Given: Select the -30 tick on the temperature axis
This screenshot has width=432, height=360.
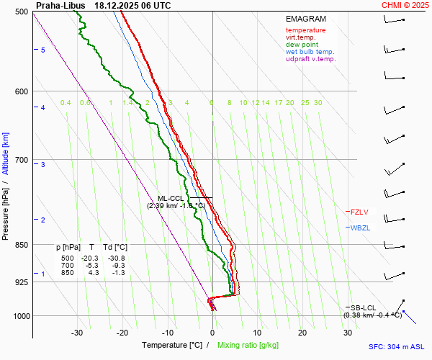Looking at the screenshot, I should pos(77,333).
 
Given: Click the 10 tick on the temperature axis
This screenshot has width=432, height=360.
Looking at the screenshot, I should pos(258,333).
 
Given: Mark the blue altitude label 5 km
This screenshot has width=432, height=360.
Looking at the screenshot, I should pos(43,50).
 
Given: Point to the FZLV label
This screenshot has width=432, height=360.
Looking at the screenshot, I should pos(359,212).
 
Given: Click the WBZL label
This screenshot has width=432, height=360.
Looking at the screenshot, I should pos(360,228).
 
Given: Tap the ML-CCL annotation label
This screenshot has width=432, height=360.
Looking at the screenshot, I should pos(171,198).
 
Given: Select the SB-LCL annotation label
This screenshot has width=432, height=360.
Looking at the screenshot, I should pos(364,307).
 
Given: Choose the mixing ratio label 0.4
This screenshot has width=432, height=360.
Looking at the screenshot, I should pos(66,103).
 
